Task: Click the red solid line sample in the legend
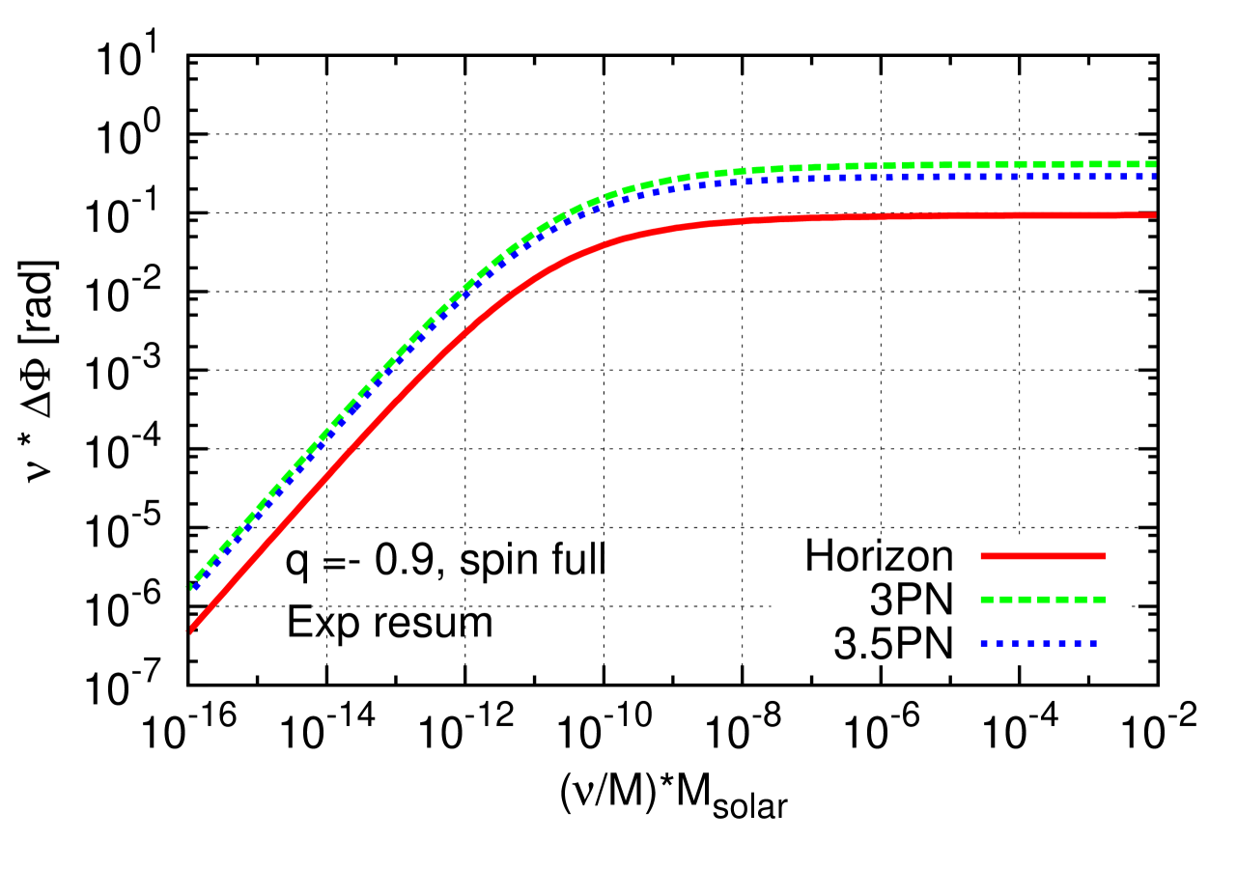1043,556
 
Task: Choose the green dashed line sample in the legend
1043,600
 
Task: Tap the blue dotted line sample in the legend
1038,642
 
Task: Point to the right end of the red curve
1154,215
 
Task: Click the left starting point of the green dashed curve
190,585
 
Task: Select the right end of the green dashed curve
1154,164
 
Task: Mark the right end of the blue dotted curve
1154,177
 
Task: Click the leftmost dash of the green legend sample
987,600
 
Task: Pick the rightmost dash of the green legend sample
1099,600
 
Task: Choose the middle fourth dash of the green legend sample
1043,600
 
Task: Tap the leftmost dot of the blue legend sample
984,642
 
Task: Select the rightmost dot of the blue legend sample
1093,642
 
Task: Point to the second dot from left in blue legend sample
999,642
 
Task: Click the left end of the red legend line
982,556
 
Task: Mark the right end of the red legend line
1104,556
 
